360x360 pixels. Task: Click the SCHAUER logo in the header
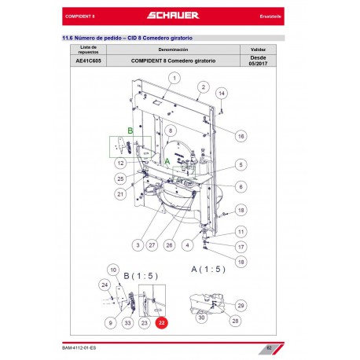coord(179,16)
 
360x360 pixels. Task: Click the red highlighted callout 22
coord(161,323)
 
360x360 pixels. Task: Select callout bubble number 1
coord(174,77)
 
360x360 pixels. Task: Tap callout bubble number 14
coord(222,93)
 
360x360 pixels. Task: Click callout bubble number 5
coord(241,165)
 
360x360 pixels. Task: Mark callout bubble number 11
coord(241,231)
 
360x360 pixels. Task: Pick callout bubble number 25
coord(120,178)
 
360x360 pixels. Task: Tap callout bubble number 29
coord(241,305)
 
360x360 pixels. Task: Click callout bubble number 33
coord(127,323)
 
